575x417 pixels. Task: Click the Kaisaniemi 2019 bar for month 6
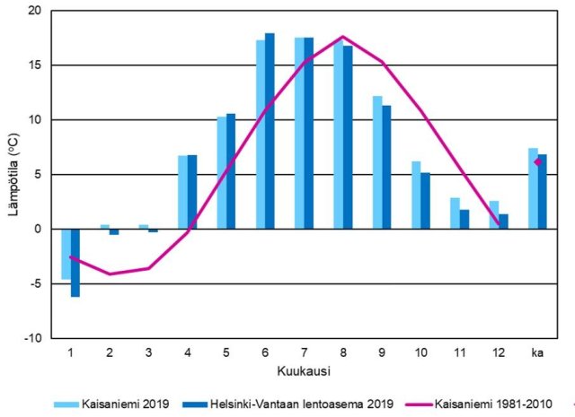(x=261, y=135)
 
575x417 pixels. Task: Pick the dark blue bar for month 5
(x=231, y=171)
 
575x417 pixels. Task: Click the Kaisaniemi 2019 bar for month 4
(x=182, y=192)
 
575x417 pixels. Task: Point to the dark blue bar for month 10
(x=425, y=201)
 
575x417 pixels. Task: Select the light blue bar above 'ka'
(x=533, y=188)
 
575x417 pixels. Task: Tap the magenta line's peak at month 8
(x=342, y=37)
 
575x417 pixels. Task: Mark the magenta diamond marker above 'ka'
(x=538, y=161)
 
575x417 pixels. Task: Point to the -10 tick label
(x=32, y=338)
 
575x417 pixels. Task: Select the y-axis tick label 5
(x=38, y=175)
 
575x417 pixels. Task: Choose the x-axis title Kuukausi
(x=303, y=369)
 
